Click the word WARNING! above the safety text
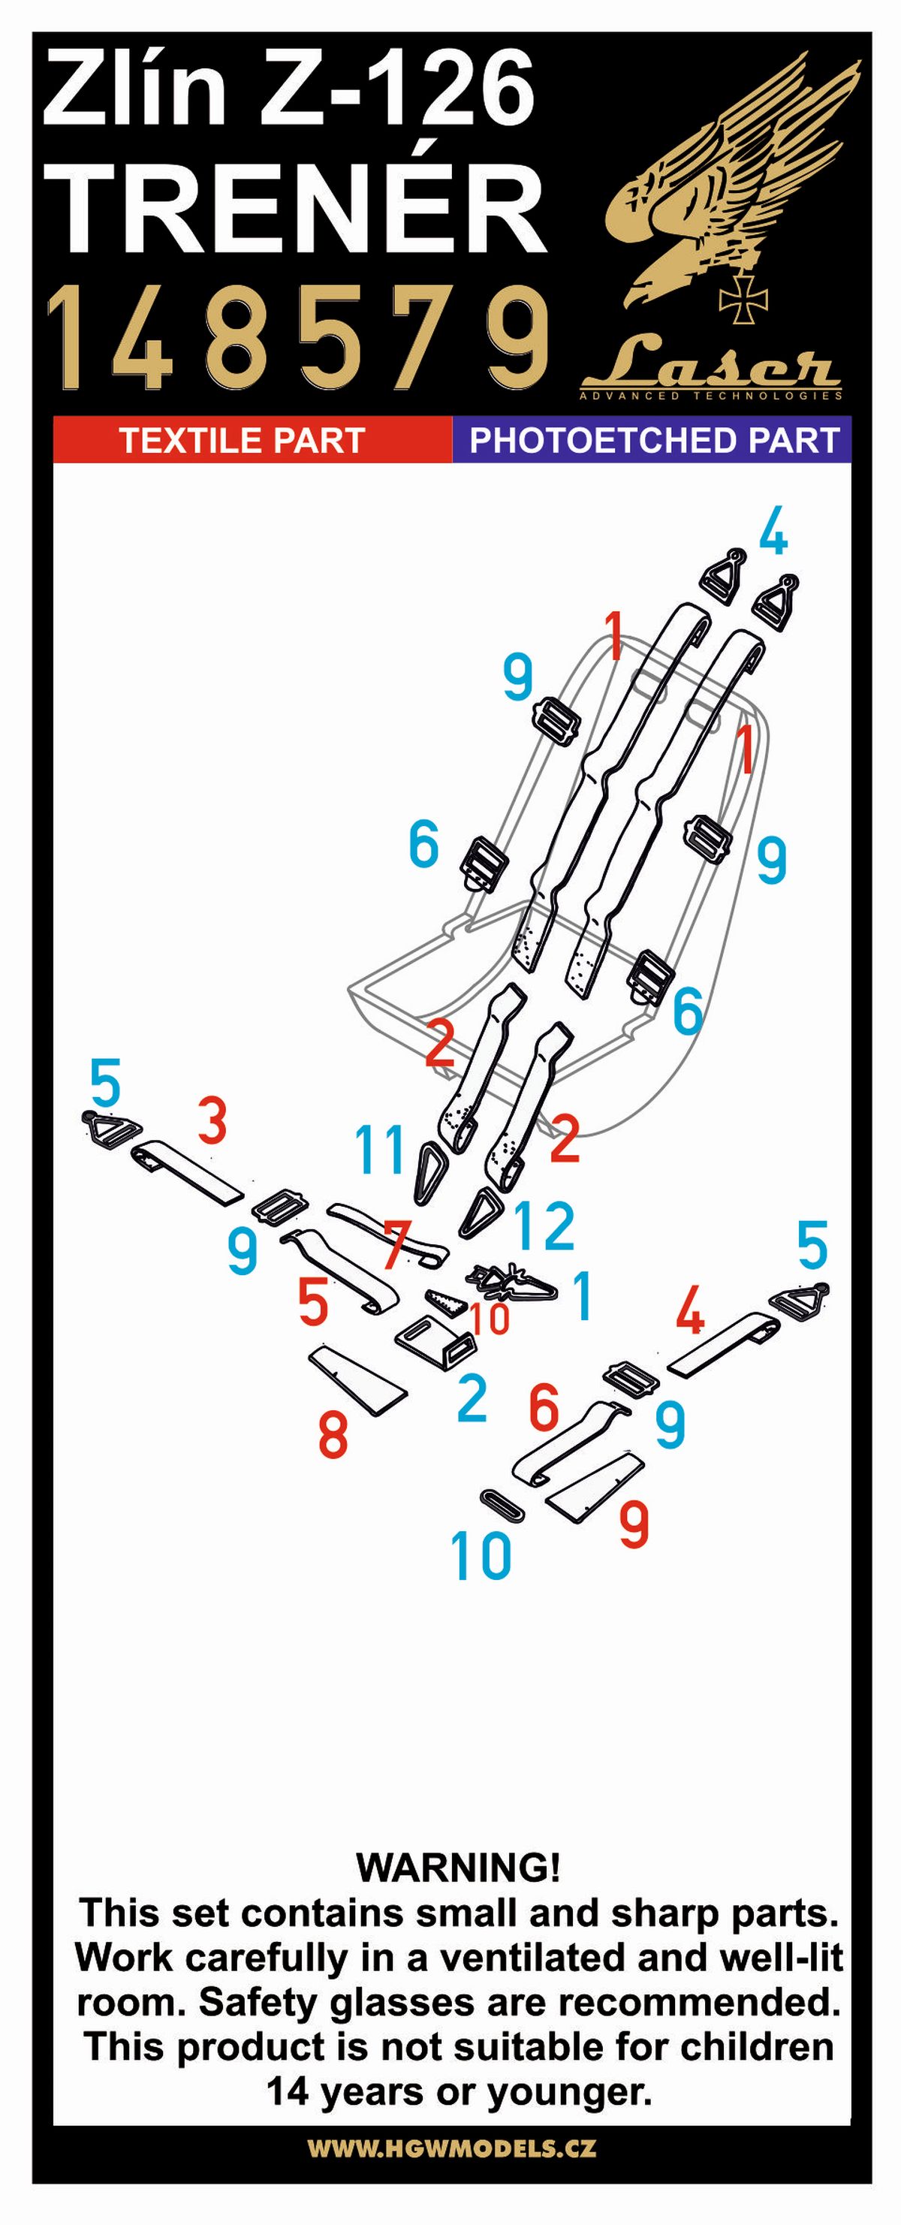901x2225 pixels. [458, 1868]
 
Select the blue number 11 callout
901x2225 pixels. [380, 1150]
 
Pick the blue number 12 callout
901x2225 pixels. [544, 1226]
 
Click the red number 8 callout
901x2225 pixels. [333, 1435]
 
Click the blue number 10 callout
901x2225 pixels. [481, 1557]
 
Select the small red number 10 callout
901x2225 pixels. [490, 1318]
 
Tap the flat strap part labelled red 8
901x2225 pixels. [357, 1379]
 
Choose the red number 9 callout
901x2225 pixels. [634, 1524]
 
